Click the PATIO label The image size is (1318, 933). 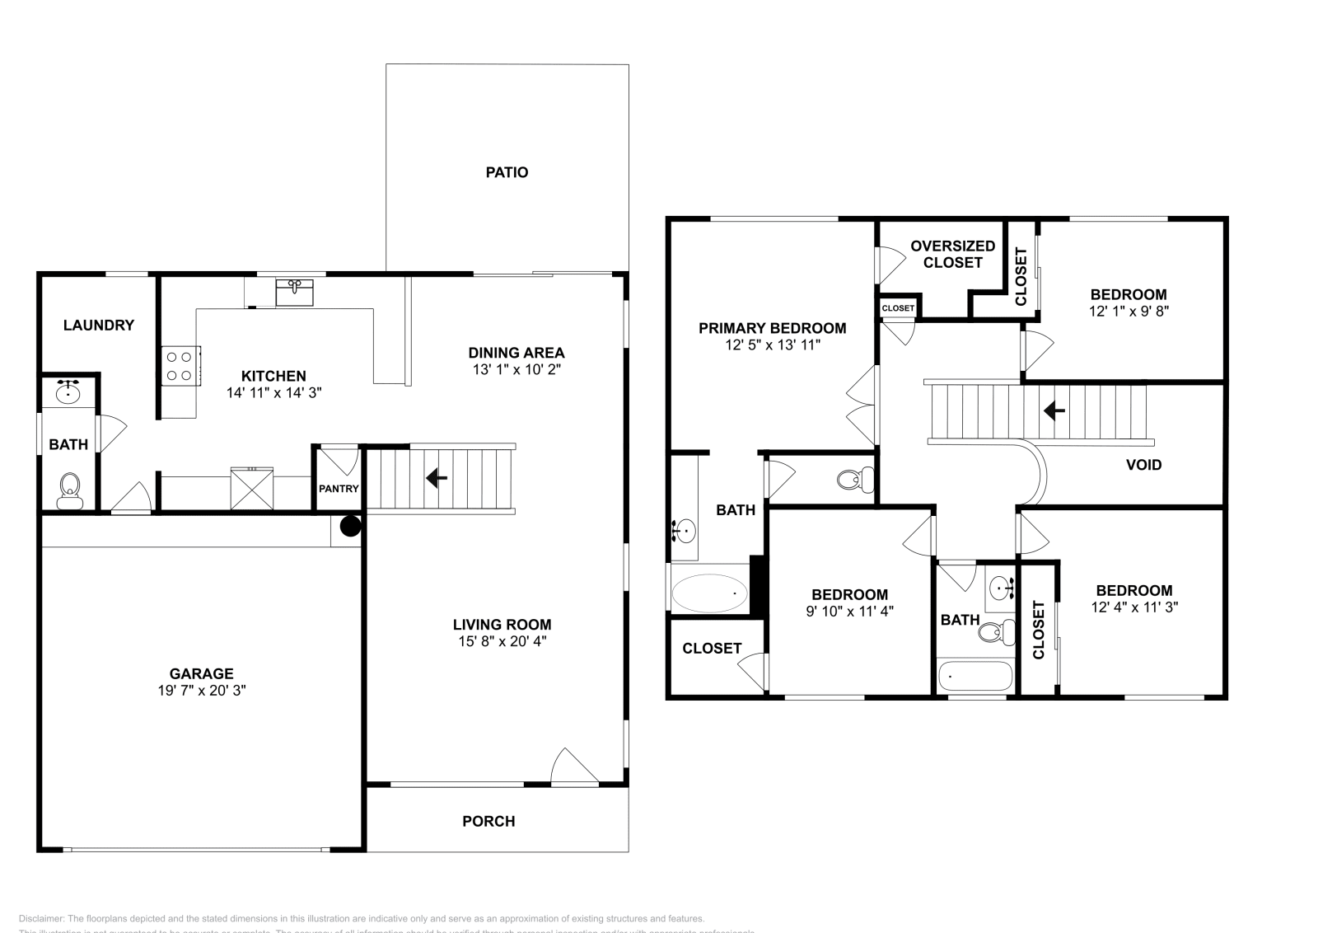(x=507, y=172)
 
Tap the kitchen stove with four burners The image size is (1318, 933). (x=180, y=366)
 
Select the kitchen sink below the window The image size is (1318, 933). (x=294, y=292)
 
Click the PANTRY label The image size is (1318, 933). (x=339, y=489)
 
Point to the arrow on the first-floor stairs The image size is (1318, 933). (x=437, y=477)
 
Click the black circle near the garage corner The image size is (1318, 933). (x=351, y=526)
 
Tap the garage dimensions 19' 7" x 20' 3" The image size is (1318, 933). (x=202, y=691)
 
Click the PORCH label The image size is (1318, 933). (x=488, y=821)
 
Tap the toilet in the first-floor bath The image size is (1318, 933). (x=69, y=490)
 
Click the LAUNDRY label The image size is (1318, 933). (x=99, y=325)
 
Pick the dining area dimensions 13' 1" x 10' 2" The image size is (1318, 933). (x=516, y=370)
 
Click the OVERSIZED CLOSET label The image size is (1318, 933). (x=952, y=254)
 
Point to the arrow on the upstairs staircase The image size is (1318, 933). (x=1054, y=410)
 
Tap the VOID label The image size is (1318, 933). (x=1143, y=465)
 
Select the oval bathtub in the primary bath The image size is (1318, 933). (x=709, y=593)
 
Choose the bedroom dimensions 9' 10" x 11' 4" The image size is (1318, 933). (x=849, y=612)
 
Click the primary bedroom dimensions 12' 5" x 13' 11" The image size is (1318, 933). (x=772, y=345)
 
